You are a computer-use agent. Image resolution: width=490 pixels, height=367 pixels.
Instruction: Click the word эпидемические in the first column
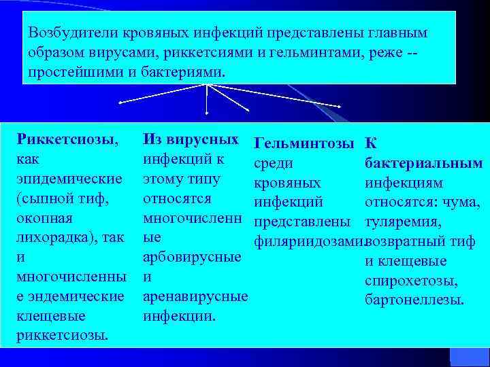[x=69, y=179]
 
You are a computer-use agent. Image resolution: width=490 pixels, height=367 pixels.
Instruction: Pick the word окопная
[x=44, y=218]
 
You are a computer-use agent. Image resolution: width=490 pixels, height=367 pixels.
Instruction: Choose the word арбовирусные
[x=191, y=257]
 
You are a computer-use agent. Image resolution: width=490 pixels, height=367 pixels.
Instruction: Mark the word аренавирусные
[x=195, y=296]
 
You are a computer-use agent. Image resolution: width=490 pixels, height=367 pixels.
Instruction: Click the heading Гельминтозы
[x=303, y=143]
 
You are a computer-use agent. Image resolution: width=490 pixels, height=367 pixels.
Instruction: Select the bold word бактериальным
[x=423, y=163]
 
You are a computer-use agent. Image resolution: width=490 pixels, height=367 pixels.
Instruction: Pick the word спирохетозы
[x=418, y=281]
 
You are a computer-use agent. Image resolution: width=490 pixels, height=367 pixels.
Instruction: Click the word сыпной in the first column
[x=48, y=198]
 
